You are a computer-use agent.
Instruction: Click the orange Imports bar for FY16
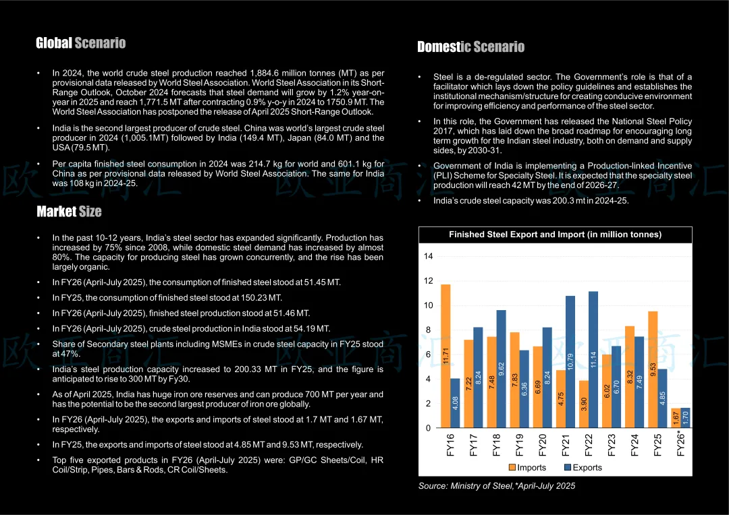pyautogui.click(x=446, y=356)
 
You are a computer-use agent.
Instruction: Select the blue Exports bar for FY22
pyautogui.click(x=593, y=359)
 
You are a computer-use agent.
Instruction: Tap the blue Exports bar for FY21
pyautogui.click(x=570, y=361)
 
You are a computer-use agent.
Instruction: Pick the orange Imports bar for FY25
pyautogui.click(x=653, y=369)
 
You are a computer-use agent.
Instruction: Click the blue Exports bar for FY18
pyautogui.click(x=501, y=369)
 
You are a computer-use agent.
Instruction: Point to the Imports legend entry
pyautogui.click(x=527, y=467)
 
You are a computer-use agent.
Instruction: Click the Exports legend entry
pyautogui.click(x=582, y=467)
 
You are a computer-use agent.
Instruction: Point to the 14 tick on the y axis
pyautogui.click(x=429, y=256)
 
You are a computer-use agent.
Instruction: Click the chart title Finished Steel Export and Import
pyautogui.click(x=555, y=235)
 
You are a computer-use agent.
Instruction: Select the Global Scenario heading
pyautogui.click(x=81, y=43)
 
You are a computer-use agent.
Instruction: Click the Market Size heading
pyautogui.click(x=69, y=212)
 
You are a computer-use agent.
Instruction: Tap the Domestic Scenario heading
pyautogui.click(x=470, y=47)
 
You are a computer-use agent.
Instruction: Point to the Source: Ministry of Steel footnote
pyautogui.click(x=497, y=485)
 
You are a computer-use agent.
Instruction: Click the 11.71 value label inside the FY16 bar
pyautogui.click(x=446, y=355)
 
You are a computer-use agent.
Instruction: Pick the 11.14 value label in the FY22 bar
pyautogui.click(x=593, y=359)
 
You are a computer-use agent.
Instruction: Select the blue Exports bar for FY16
pyautogui.click(x=455, y=403)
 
